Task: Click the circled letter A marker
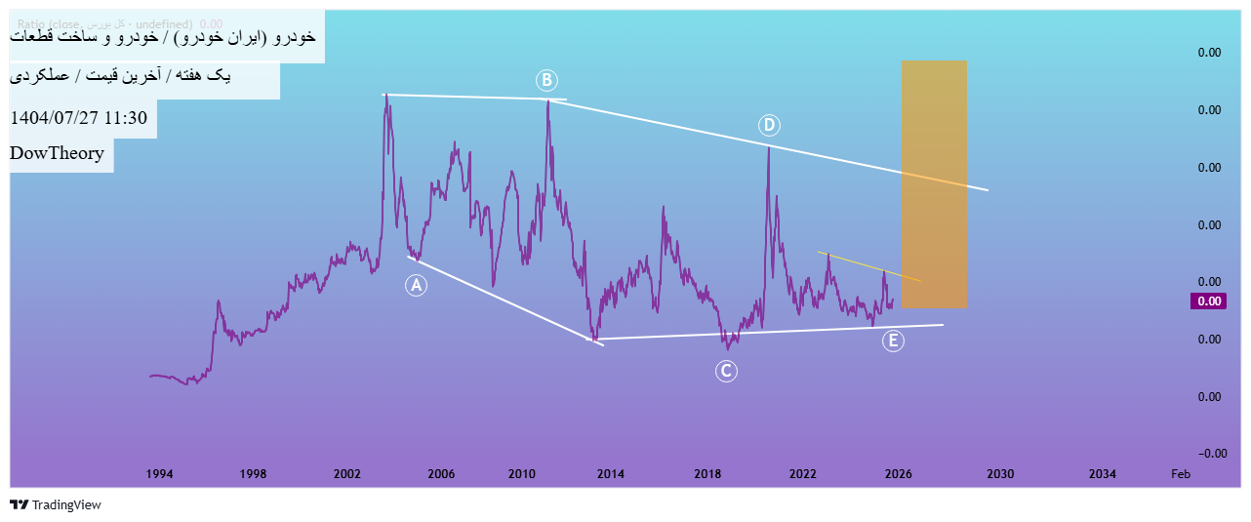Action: (417, 285)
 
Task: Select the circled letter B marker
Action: (546, 79)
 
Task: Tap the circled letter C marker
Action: (725, 371)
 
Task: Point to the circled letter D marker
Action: (769, 125)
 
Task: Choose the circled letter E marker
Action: (892, 341)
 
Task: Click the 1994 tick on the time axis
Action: (159, 474)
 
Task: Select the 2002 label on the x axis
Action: (347, 474)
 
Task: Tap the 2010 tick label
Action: (523, 474)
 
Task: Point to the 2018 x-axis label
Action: (707, 474)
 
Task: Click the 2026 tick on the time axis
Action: (898, 474)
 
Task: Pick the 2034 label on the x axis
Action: (1103, 474)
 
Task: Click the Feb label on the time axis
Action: (1180, 474)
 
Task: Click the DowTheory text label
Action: (57, 153)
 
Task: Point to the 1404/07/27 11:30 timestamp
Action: (78, 118)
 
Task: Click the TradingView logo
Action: (56, 505)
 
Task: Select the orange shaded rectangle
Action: (934, 183)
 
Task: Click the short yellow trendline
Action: (868, 266)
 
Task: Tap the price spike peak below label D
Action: (769, 147)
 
